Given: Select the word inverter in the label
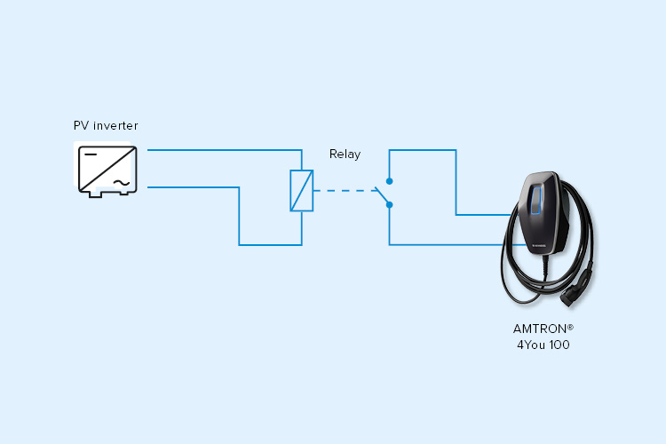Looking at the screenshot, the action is point(115,126).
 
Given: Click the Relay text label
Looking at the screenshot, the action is point(345,155).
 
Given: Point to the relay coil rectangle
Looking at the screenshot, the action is point(302,190).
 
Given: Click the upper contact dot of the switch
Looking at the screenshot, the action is point(389,181).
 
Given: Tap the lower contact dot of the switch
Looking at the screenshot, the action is point(389,205).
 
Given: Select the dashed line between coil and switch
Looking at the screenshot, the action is point(344,191).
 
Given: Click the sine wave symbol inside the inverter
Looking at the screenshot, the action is point(122,183).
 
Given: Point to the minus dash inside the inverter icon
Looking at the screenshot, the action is point(91,155).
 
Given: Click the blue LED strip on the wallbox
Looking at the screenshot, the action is point(536,200).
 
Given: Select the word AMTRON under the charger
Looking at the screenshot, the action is point(540,329).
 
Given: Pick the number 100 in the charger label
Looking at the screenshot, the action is point(559,345).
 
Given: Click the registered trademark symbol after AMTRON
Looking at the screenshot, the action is point(570,327).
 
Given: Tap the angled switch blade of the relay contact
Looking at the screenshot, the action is point(382,195).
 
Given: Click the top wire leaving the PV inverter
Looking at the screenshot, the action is point(225,150).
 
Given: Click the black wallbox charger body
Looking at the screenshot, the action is point(543,212).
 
